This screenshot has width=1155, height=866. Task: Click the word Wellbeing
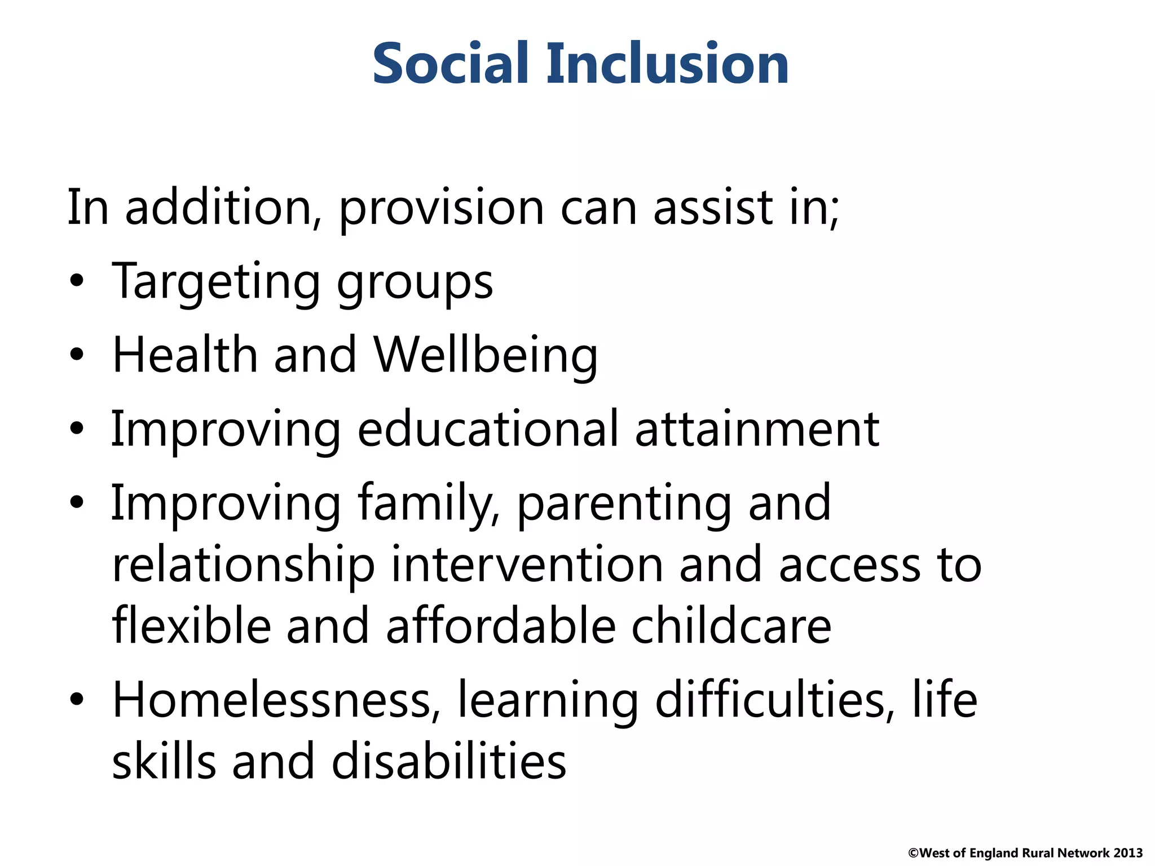coord(486,356)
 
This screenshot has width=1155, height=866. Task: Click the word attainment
coord(757,430)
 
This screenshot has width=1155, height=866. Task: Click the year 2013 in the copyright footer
coord(1128,853)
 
